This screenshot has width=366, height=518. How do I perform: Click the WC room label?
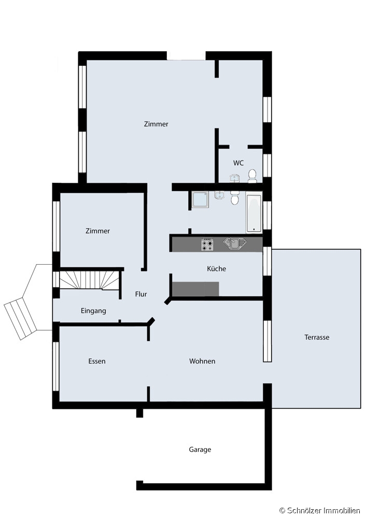coord(238,163)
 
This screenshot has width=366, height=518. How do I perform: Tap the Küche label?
coord(217,268)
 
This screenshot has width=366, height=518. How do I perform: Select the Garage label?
coord(200,450)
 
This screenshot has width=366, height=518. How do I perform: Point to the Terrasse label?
coord(317,337)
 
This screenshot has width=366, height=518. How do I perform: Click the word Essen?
coord(97,361)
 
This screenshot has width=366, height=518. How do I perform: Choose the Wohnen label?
coord(202,361)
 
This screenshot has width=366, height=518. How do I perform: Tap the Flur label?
coord(141,294)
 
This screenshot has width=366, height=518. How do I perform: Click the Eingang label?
coord(93,311)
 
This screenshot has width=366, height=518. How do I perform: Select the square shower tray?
coord(200,199)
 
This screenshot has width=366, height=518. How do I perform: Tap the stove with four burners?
coord(207,245)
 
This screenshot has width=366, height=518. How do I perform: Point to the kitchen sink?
coord(235,244)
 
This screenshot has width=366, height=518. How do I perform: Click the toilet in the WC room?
coord(252,176)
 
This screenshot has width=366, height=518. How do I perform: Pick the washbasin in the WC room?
coord(234,178)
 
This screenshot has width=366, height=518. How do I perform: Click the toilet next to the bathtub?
coord(235,198)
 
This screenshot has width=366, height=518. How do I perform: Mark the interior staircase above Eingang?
coord(89,280)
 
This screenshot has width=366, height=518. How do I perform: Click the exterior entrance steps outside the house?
coord(21,319)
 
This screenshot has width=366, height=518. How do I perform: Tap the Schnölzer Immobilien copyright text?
coord(320,510)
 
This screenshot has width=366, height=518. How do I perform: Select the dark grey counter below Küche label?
coord(195,289)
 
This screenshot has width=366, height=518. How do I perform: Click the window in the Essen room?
coord(56,367)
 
